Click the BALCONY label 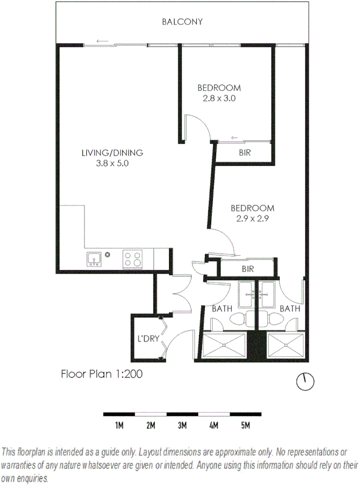[182, 22]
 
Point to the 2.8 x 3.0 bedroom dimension [219, 98]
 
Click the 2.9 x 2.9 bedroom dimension [252, 218]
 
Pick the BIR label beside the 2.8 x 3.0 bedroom [245, 153]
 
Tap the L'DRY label [148, 338]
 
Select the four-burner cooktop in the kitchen [132, 258]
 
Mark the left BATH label [221, 309]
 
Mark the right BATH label [290, 309]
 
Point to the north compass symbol [305, 381]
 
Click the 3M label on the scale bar [182, 425]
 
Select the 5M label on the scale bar [245, 425]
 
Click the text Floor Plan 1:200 [101, 374]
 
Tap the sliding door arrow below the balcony [101, 41]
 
